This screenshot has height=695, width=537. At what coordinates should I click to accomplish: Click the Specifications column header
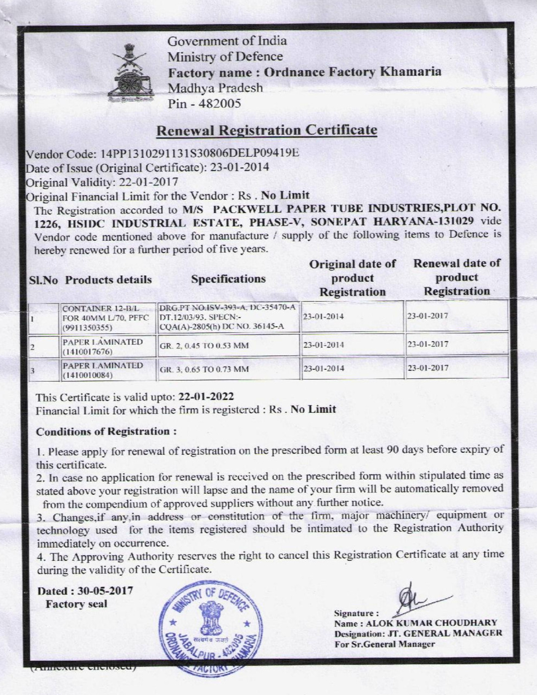point(228,279)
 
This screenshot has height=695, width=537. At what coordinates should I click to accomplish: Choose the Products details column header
point(109,280)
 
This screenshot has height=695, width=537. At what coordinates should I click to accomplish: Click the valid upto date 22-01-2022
point(206,397)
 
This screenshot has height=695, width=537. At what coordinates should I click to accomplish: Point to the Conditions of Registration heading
point(106,432)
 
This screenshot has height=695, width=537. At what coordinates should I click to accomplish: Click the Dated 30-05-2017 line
point(85,591)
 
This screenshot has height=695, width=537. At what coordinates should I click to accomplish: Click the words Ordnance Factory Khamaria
point(353,72)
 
